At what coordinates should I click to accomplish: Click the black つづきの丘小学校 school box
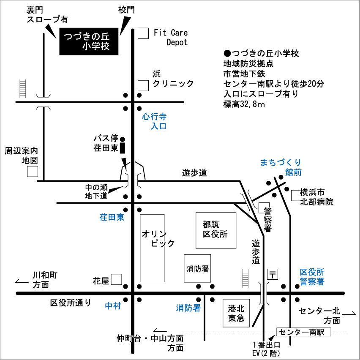point(89,41)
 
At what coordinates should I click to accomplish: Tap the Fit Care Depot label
point(171,38)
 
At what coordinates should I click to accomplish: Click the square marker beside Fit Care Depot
point(143,33)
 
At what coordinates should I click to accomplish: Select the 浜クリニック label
point(173,79)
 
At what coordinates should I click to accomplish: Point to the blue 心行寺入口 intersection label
point(154,121)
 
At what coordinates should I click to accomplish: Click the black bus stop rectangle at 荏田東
point(123,148)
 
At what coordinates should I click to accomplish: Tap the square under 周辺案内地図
point(33,172)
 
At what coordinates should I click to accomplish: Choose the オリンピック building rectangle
point(152,248)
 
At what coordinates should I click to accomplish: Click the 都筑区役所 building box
point(216,231)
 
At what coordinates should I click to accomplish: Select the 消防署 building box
point(197,268)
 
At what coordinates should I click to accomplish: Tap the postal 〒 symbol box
point(273,274)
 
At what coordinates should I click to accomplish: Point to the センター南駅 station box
point(303,332)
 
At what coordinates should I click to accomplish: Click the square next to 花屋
point(116,279)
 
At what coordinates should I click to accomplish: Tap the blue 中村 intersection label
point(113,306)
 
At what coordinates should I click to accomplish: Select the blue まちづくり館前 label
point(281,167)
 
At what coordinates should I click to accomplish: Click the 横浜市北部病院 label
point(316,197)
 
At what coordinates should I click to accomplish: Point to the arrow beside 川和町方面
point(22,281)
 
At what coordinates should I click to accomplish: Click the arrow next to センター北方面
point(349,313)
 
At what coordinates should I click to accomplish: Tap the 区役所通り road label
point(71,303)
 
